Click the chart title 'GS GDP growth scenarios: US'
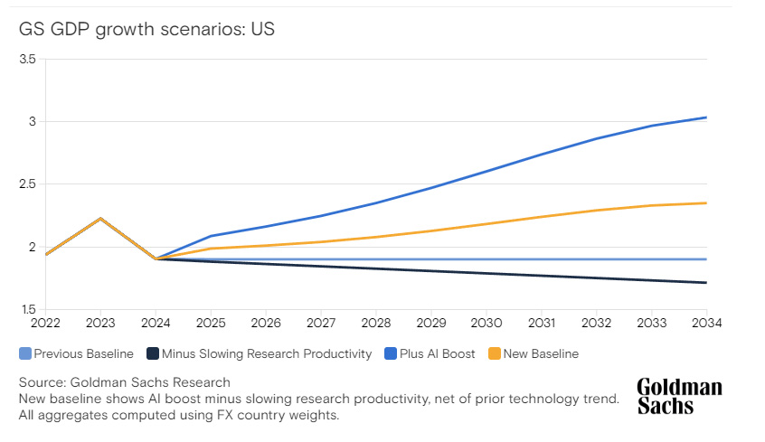[146, 29]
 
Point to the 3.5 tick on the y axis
[27, 59]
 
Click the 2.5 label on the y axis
[27, 184]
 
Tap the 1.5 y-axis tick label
[27, 310]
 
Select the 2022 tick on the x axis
[45, 323]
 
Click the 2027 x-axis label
[321, 323]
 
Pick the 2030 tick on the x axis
[486, 323]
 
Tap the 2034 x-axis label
[706, 323]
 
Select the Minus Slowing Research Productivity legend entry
[260, 353]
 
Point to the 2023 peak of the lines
[100, 219]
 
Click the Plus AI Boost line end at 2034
[706, 118]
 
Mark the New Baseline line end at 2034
[706, 202]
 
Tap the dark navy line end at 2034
[706, 282]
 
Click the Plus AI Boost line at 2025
[211, 236]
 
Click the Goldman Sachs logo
[679, 396]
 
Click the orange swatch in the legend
[494, 353]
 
